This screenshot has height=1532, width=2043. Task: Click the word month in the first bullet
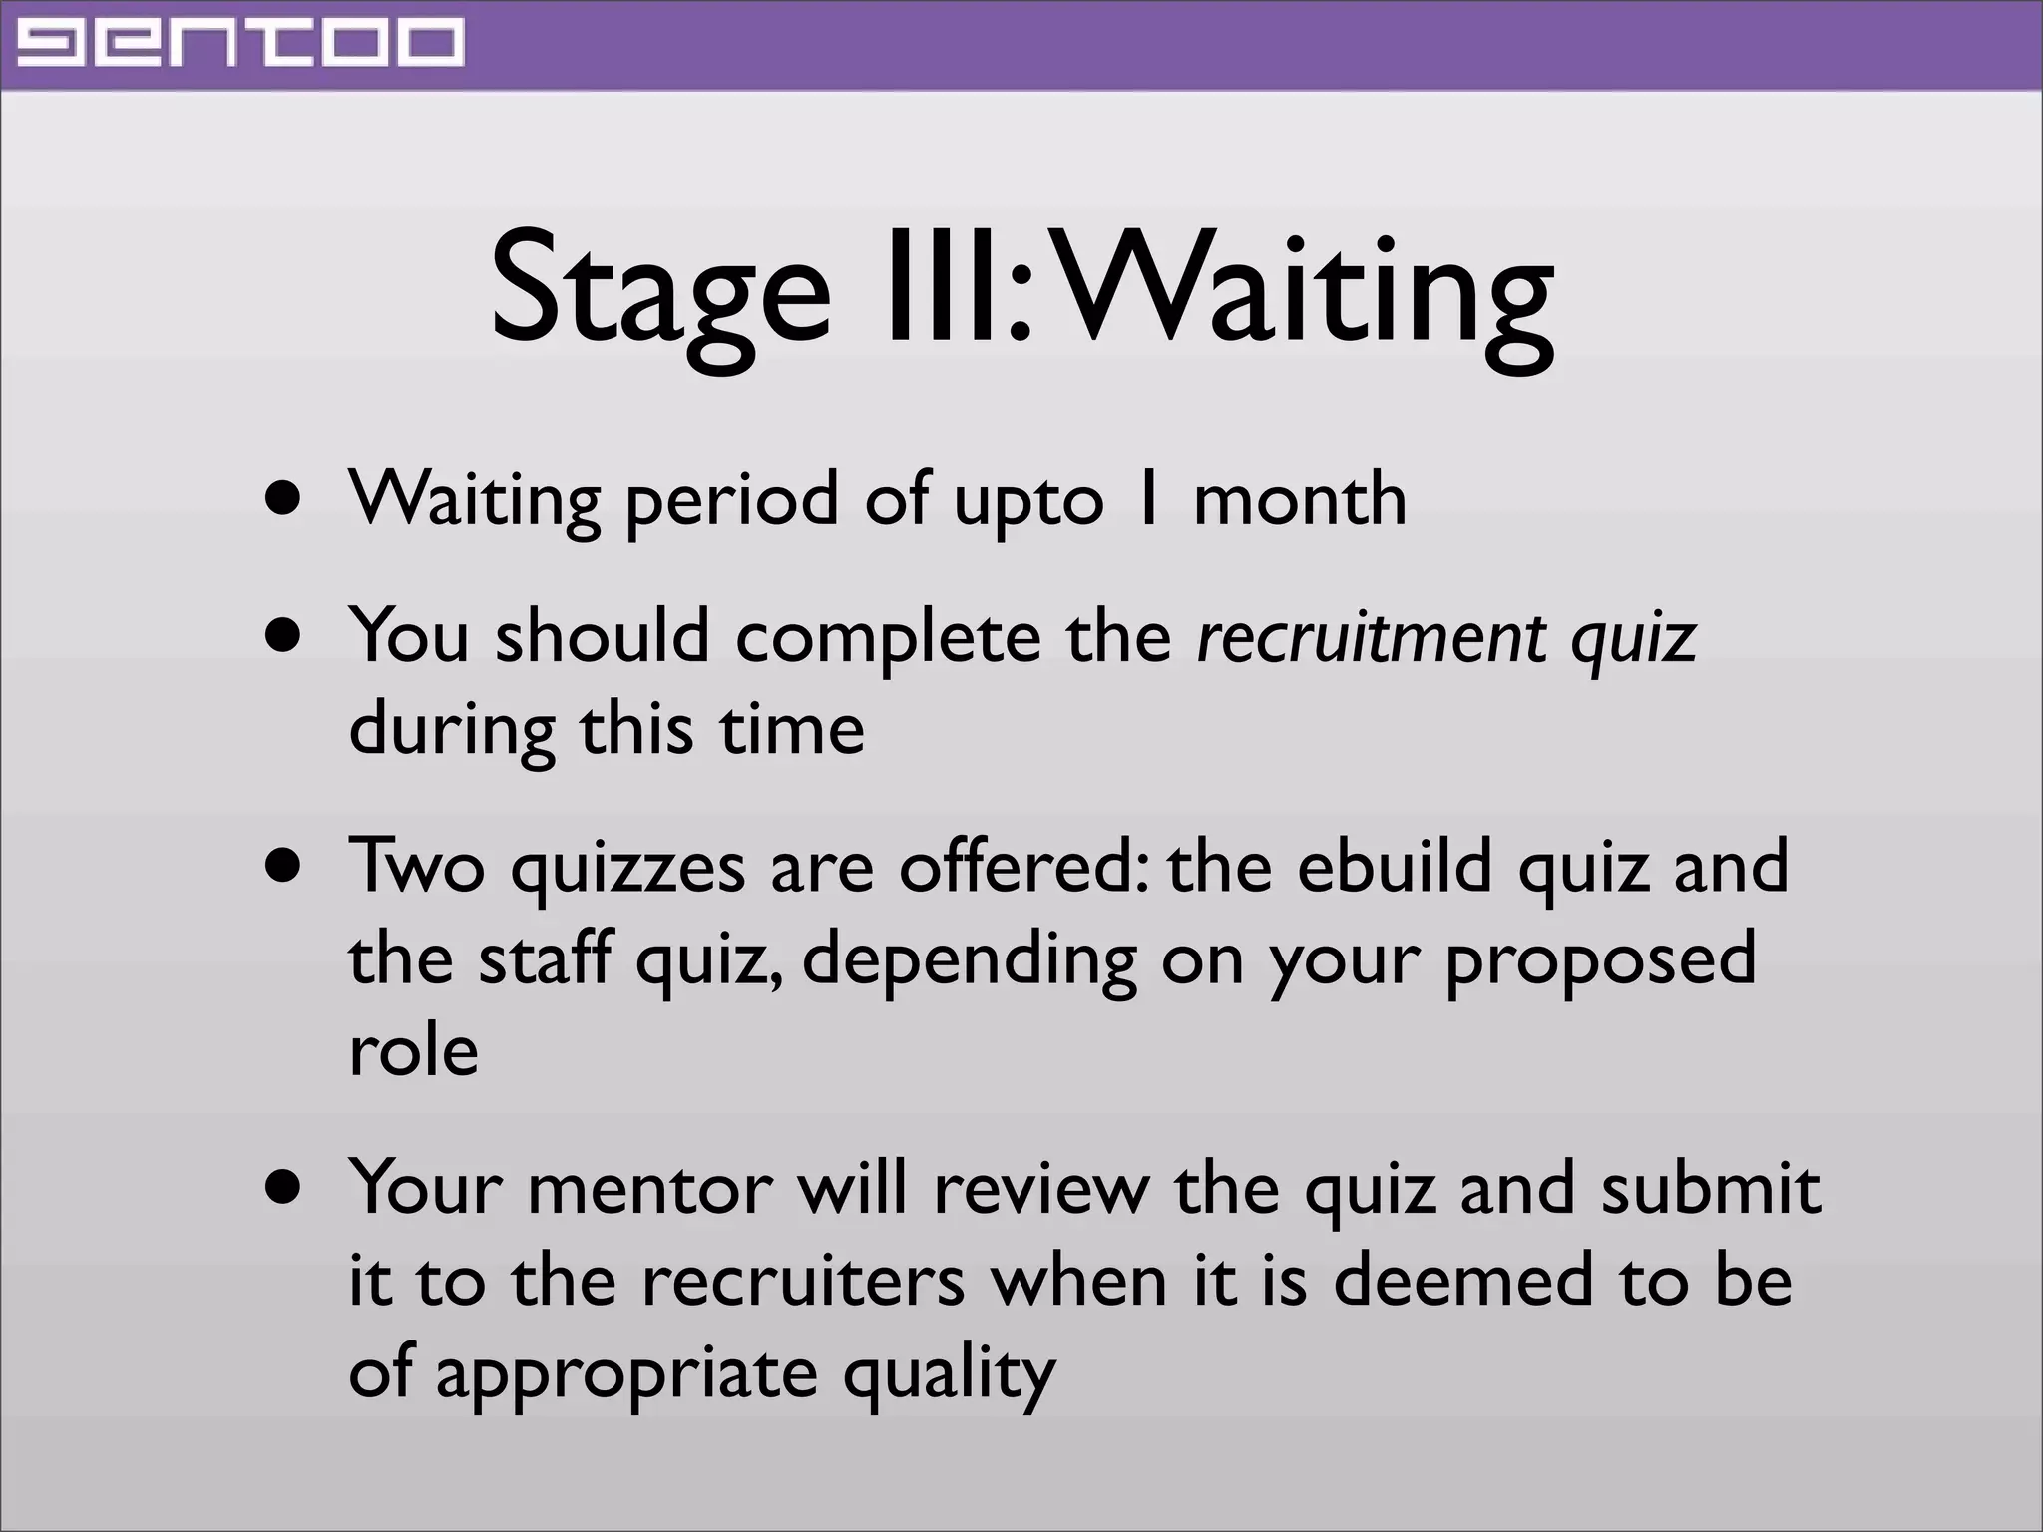(x=1300, y=498)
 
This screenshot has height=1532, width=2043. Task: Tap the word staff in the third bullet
(x=544, y=957)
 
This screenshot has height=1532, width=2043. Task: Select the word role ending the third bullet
(x=413, y=1050)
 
